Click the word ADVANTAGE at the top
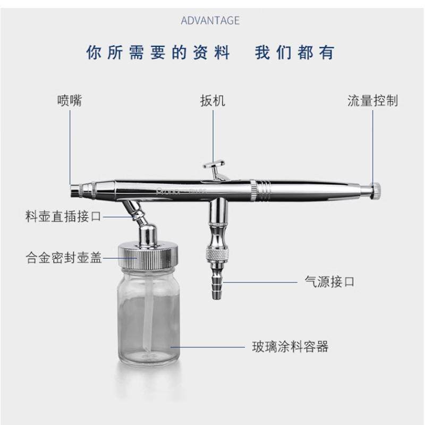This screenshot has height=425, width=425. (x=210, y=21)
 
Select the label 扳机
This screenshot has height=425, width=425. (x=212, y=100)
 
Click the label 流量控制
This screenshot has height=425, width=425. (x=372, y=100)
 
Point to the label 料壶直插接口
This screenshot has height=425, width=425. (x=63, y=217)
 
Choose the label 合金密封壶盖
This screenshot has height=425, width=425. (x=63, y=258)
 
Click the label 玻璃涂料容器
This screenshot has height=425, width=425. (x=290, y=347)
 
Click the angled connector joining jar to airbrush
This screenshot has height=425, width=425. (x=134, y=210)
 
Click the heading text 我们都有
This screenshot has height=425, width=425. (x=295, y=53)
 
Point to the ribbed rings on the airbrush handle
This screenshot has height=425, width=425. (x=263, y=188)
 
